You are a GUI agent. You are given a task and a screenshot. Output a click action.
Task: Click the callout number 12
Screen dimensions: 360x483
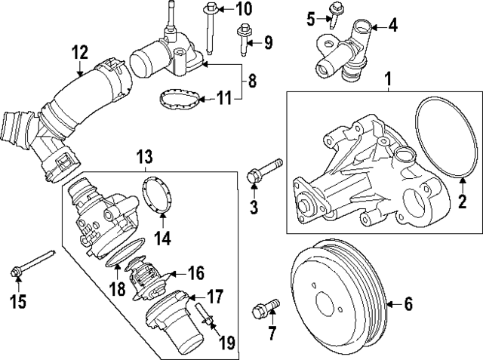click(x=80, y=52)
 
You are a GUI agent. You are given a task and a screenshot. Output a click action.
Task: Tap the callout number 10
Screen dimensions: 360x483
click(x=243, y=10)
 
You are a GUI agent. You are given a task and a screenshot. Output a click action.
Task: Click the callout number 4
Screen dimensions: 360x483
click(x=392, y=27)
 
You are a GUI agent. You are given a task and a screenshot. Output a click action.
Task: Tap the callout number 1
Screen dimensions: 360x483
click(x=388, y=78)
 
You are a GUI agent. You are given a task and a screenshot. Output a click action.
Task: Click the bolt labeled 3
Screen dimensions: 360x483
click(x=261, y=171)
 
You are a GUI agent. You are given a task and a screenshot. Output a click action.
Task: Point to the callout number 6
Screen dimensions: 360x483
click(x=408, y=305)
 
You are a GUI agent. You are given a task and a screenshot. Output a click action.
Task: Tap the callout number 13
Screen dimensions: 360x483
click(x=144, y=157)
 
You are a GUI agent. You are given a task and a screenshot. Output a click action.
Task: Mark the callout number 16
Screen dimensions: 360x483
click(x=196, y=272)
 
